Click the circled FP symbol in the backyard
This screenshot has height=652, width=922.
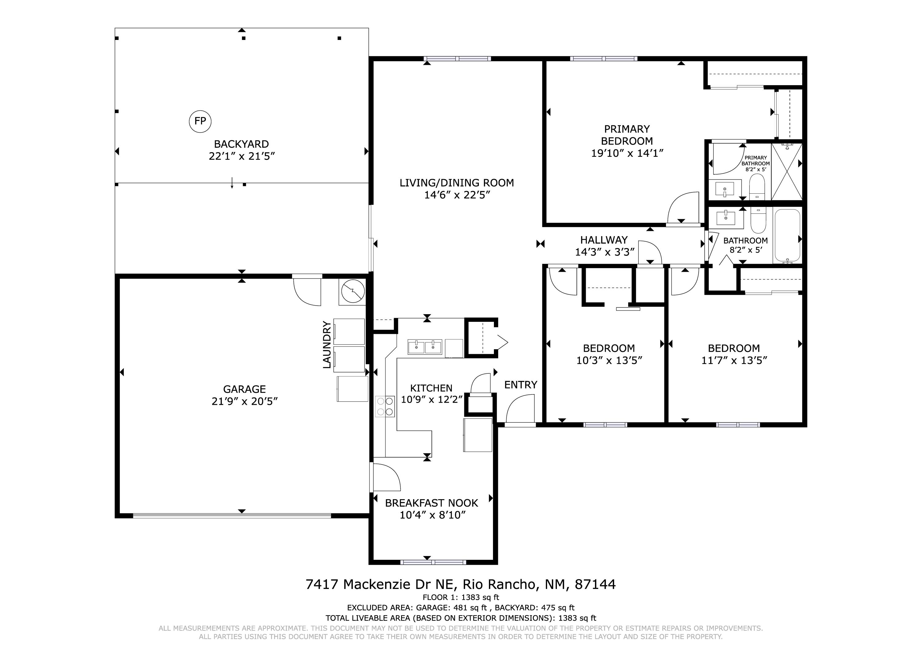click(x=200, y=121)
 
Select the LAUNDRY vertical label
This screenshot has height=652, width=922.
click(x=327, y=345)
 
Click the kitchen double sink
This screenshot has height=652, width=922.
click(x=425, y=347)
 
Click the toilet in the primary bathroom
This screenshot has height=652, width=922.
click(x=757, y=187)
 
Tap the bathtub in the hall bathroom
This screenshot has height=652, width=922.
click(x=787, y=236)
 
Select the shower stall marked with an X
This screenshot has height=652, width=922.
click(x=786, y=172)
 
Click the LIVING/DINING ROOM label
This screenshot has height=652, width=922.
click(x=457, y=183)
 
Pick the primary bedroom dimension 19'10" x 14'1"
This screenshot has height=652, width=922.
click(x=627, y=153)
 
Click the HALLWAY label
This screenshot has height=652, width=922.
click(x=604, y=240)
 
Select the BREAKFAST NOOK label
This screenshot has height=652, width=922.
click(x=432, y=503)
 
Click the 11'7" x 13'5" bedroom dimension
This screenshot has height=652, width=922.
click(x=734, y=360)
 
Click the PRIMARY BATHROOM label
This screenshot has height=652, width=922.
click(x=755, y=161)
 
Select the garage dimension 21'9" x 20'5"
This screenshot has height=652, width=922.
click(x=245, y=401)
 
